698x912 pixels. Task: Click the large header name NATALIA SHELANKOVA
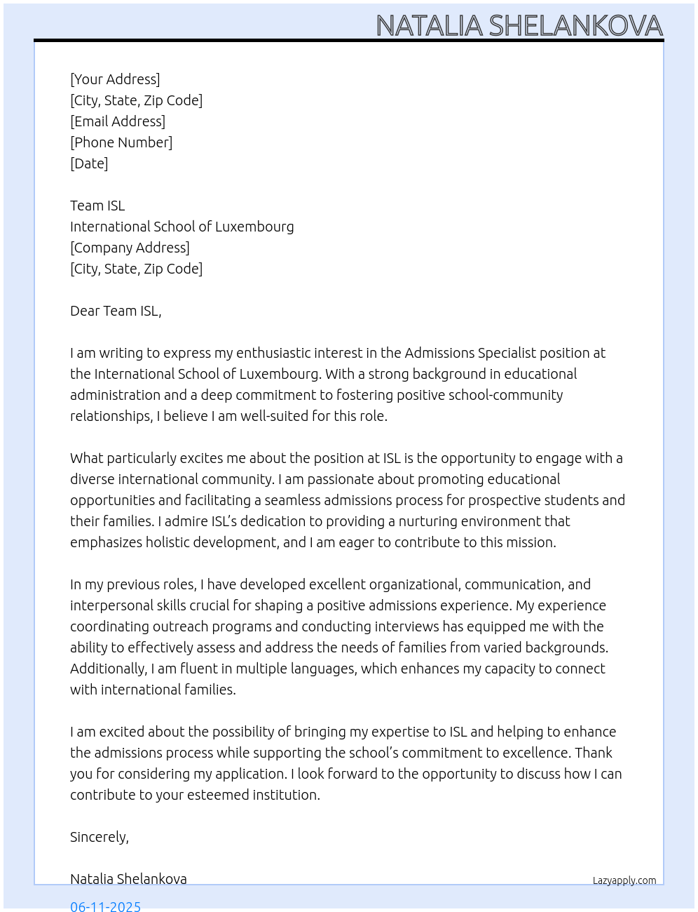[519, 26]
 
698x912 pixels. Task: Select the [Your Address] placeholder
[115, 79]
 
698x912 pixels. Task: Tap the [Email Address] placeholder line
[118, 121]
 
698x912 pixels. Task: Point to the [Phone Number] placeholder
[121, 142]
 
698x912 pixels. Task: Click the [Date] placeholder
[89, 163]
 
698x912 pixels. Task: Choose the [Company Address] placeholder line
[130, 248]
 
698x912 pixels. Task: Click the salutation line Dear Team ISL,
[116, 311]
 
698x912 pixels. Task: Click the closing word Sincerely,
[100, 837]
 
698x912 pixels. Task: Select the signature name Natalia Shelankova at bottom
[128, 879]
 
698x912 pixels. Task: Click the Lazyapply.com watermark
[624, 880]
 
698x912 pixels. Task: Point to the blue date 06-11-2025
[105, 906]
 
